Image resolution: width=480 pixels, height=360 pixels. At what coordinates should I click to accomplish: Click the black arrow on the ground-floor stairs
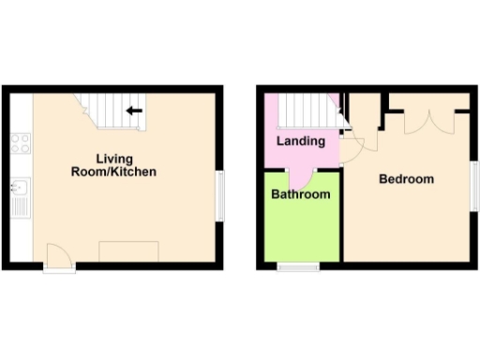tap(134, 111)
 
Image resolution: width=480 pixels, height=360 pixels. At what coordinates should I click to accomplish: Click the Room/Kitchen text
tap(113, 172)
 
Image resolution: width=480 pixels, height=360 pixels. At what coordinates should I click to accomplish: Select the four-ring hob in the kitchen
tap(20, 143)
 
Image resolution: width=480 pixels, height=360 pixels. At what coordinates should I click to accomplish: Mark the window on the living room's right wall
tap(220, 195)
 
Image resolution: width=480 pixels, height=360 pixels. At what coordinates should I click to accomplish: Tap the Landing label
tap(300, 142)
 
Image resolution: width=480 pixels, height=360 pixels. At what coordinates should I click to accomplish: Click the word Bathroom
tap(300, 195)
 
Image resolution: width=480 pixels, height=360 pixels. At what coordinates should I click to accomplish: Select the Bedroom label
tap(406, 179)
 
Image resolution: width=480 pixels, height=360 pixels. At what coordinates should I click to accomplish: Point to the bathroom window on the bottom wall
tap(297, 267)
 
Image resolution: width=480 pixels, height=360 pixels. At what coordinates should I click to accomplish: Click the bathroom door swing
tap(301, 174)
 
